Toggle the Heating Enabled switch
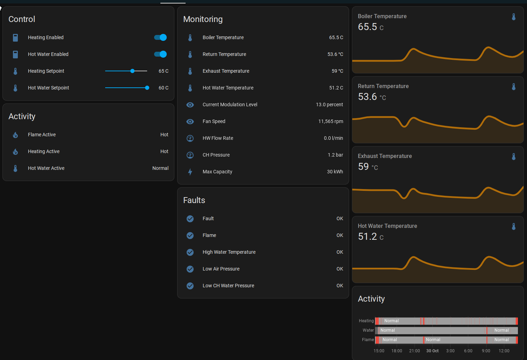160,37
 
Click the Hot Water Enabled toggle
160,54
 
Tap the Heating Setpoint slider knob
132,71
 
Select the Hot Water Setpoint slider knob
147,88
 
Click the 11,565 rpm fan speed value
331,121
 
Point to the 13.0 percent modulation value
329,105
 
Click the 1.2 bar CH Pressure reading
335,155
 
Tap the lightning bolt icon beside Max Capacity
190,172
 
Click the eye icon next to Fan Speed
190,121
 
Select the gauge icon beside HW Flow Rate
190,138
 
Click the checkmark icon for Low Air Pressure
190,269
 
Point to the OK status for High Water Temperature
340,252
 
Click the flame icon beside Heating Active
15,152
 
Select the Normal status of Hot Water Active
160,168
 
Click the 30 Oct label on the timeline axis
432,351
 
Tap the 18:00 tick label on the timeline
397,351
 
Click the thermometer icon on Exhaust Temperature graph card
514,157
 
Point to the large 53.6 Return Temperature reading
367,97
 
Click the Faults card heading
194,200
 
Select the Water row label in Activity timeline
368,330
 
